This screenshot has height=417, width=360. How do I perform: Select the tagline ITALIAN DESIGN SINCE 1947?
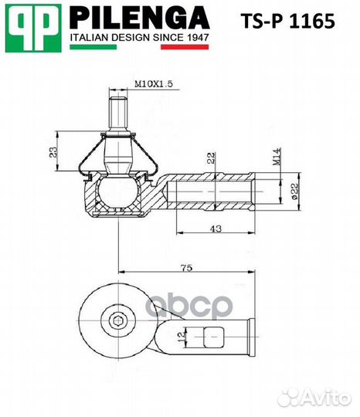point(139,37)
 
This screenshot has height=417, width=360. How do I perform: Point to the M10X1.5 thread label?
point(152,83)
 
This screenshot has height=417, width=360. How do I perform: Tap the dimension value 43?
point(216,229)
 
